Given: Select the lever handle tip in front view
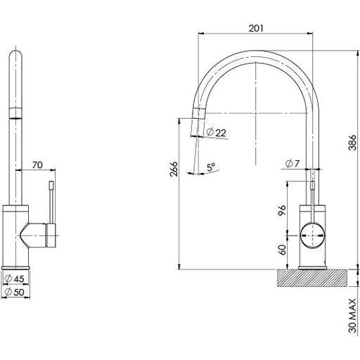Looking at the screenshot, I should coord(51,186).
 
